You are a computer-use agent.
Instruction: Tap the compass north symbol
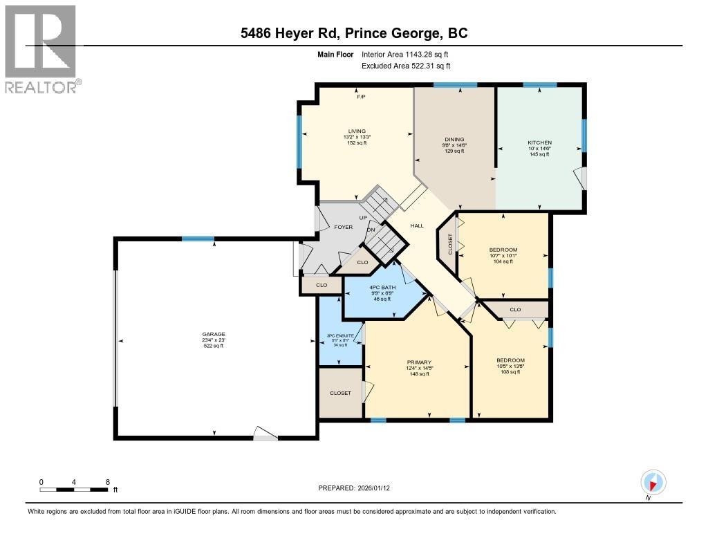(x=653, y=482)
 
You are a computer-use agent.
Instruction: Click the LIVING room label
(x=357, y=131)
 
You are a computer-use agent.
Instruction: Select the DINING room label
(x=454, y=139)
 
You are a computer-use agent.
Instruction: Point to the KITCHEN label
(x=539, y=142)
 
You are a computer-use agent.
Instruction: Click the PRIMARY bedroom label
(x=419, y=362)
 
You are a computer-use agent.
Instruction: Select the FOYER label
(x=344, y=225)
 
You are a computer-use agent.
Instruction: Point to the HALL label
(x=417, y=225)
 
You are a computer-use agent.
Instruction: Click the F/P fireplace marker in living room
(x=361, y=97)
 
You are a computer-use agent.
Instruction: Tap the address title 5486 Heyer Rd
(x=353, y=33)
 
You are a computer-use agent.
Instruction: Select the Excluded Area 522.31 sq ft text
(x=406, y=66)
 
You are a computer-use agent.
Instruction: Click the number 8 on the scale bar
(x=107, y=481)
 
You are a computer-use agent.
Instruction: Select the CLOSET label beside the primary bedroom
(x=340, y=393)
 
